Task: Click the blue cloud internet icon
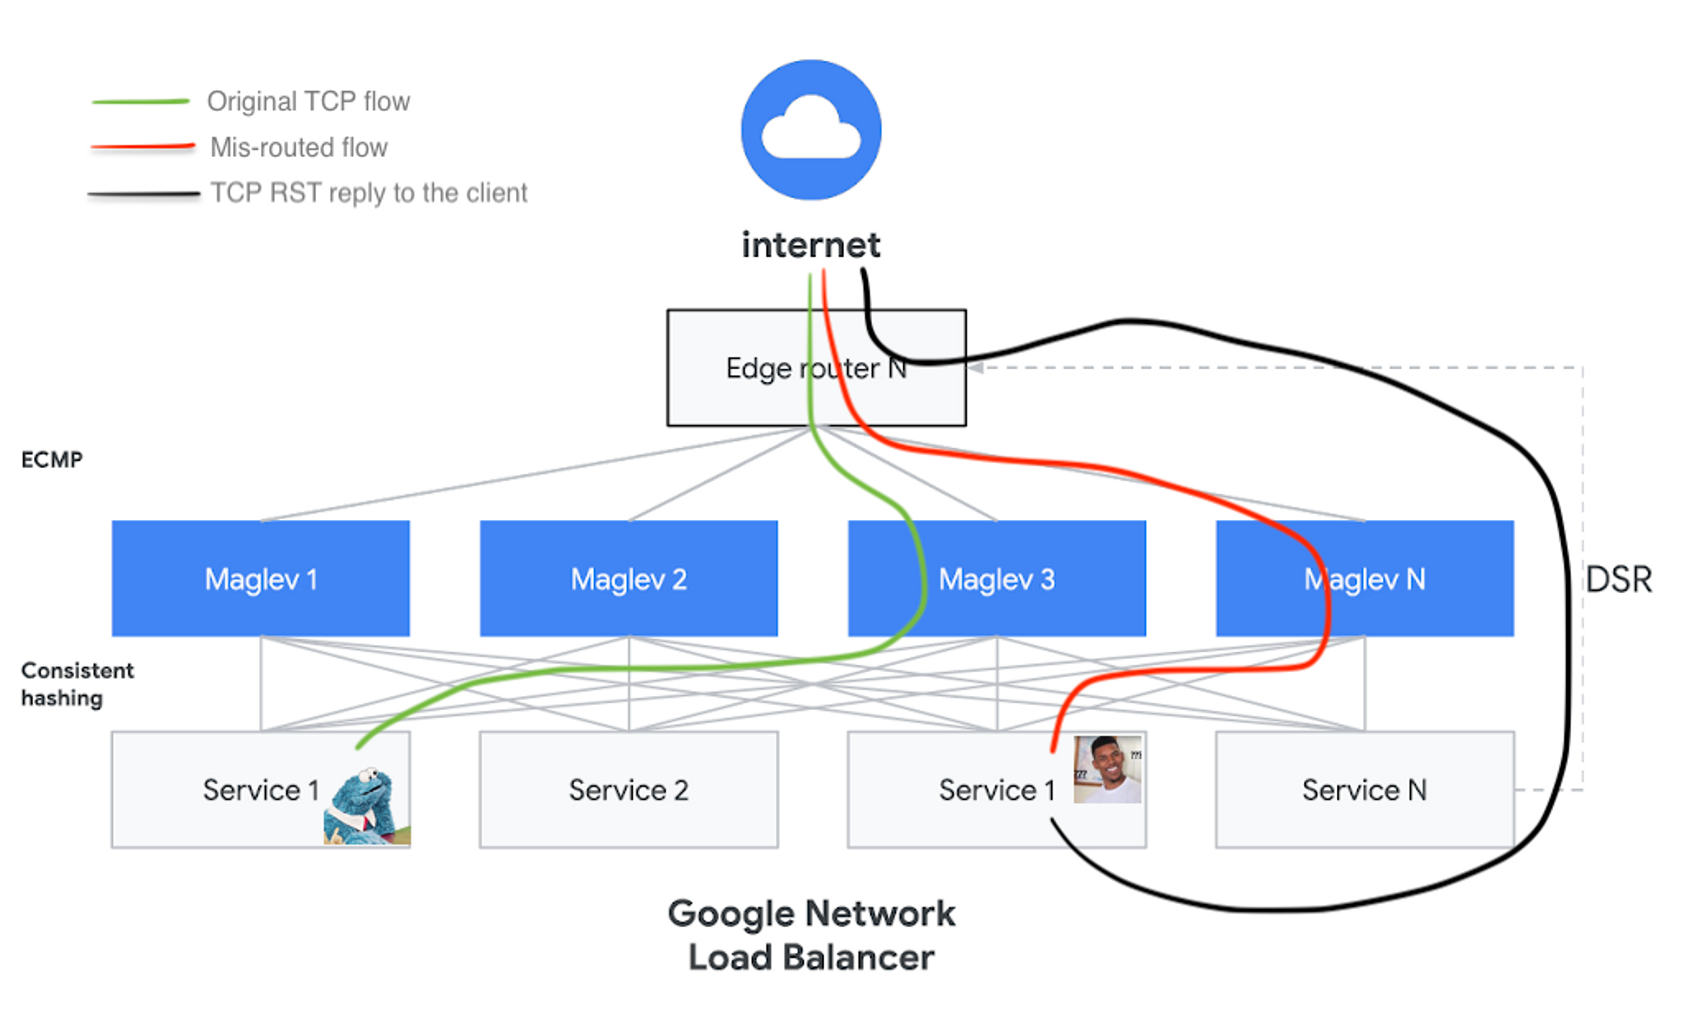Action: tap(811, 130)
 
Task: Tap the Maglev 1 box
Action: tap(261, 578)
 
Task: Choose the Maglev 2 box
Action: tap(628, 578)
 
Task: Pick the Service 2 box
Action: tap(628, 790)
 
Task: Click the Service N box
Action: tap(1364, 790)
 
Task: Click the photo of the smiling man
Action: tap(1107, 769)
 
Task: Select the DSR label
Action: tap(1618, 579)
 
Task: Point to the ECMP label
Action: tap(52, 459)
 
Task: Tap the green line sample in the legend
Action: tap(141, 101)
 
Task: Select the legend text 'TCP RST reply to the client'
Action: tap(369, 193)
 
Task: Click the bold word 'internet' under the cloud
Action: tap(811, 245)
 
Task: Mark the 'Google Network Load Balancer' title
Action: tap(811, 934)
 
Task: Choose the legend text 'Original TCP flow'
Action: tap(308, 101)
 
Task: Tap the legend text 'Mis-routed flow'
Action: tap(299, 147)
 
